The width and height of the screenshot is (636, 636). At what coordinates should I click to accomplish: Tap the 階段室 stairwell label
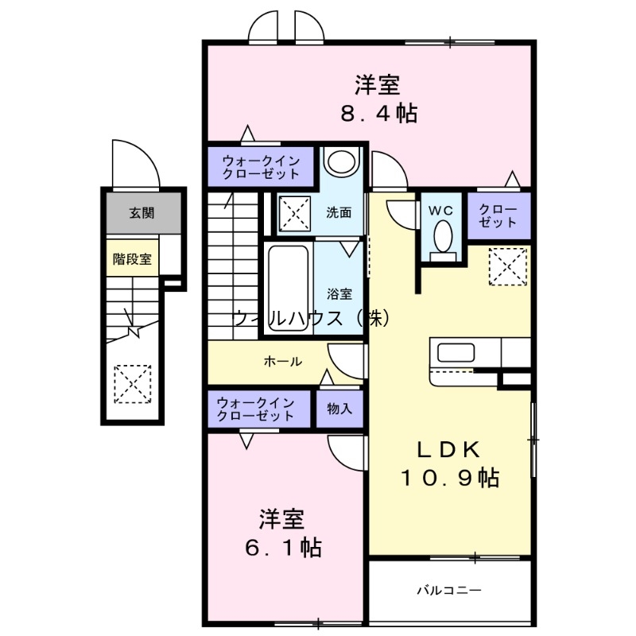click(x=132, y=259)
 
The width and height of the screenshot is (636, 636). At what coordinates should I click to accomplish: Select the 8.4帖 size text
click(x=378, y=114)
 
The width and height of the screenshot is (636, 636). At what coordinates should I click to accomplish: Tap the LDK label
click(x=449, y=449)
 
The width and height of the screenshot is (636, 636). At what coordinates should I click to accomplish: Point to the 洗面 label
click(x=339, y=213)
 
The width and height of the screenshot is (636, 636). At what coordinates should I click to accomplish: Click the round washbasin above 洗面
click(x=343, y=163)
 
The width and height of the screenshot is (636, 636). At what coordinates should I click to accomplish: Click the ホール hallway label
click(x=282, y=362)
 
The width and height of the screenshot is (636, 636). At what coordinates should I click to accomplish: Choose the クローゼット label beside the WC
click(x=498, y=215)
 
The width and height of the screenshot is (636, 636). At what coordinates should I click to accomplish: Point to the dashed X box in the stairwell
click(x=132, y=383)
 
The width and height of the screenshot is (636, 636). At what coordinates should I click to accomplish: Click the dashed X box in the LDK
click(x=507, y=266)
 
